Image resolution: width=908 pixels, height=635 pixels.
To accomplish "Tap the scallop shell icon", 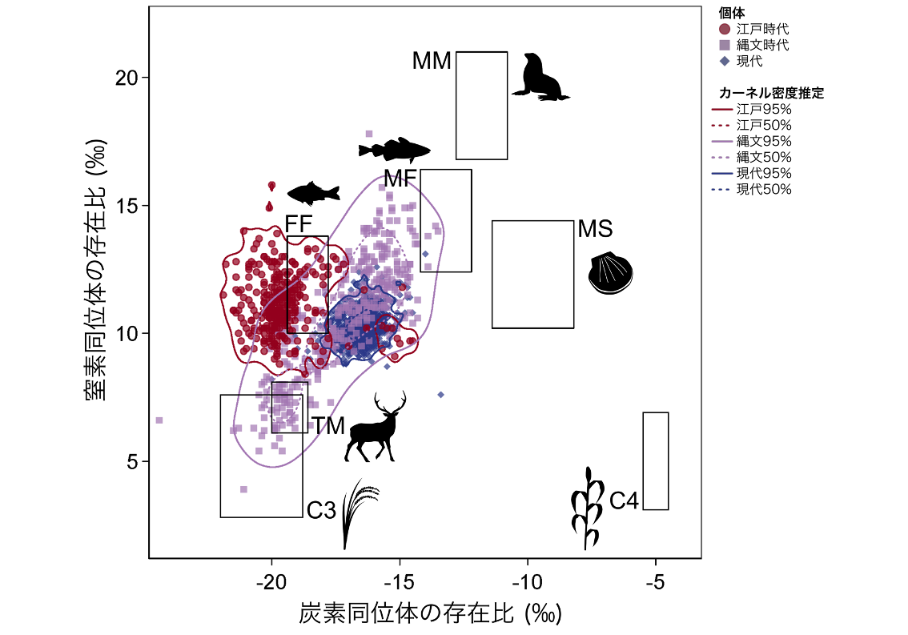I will click(610, 274).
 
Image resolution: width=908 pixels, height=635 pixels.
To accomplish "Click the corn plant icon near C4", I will click(587, 509).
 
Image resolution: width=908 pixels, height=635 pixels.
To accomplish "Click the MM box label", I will click(432, 61).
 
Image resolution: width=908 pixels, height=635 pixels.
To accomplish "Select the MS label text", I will click(595, 229).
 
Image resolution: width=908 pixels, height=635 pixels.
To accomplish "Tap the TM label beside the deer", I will click(327, 426).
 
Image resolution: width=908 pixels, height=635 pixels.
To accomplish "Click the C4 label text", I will click(624, 501).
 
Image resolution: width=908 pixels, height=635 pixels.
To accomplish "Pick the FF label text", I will click(298, 224).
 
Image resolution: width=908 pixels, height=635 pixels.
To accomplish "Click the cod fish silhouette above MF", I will click(395, 150).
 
